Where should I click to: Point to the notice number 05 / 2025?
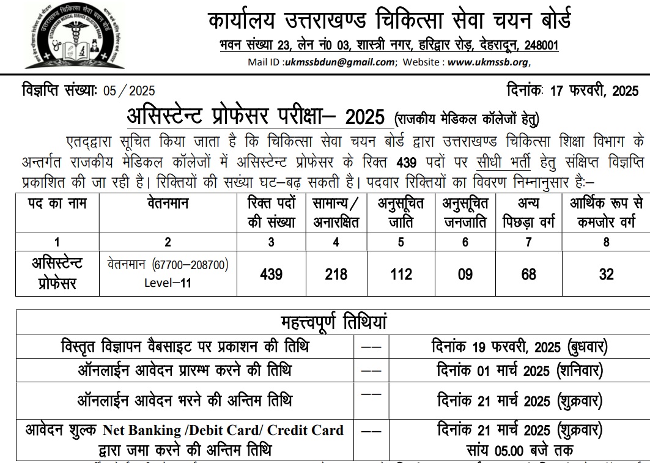pos(129,91)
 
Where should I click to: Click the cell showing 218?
pos(335,273)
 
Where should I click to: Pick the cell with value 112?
pos(401,273)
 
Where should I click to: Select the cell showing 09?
pos(465,273)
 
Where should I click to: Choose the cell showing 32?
pos(606,273)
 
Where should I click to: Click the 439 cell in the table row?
pos(271,273)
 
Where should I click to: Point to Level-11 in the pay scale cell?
pos(168,283)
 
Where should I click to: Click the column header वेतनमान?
pos(168,204)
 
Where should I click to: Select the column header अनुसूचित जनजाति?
pos(465,213)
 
